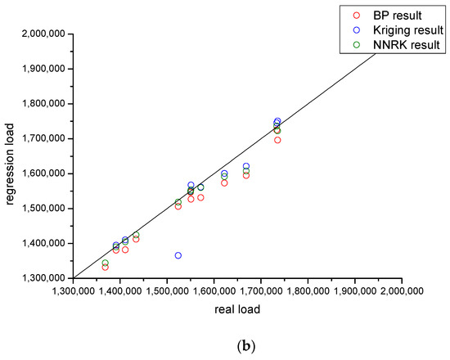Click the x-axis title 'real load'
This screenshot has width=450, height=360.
pyautogui.click(x=238, y=308)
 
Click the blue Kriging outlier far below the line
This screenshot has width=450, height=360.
pyautogui.click(x=178, y=255)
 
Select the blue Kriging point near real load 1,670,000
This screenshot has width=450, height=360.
pyautogui.click(x=246, y=166)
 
